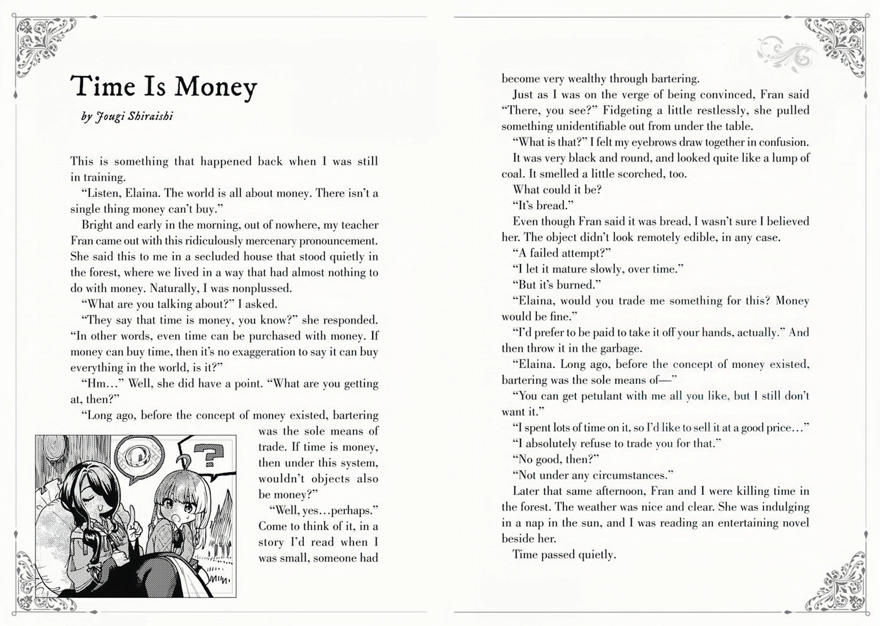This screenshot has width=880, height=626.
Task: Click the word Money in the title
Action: (216, 87)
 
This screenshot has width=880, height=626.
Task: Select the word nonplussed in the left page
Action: (262, 288)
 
